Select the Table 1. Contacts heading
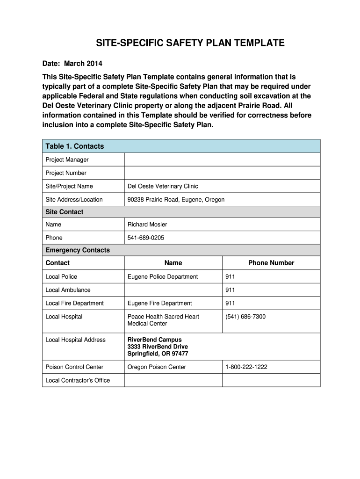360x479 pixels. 74,146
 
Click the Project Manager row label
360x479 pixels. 67,160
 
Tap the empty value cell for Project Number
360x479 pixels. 222,173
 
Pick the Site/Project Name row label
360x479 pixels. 69,186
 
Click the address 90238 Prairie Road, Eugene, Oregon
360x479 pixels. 176,200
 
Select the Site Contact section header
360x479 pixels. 64,212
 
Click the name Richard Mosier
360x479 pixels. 147,225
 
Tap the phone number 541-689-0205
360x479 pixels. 146,238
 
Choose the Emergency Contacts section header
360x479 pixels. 77,250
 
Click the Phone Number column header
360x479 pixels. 271,263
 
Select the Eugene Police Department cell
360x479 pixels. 163,276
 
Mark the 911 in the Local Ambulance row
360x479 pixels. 230,290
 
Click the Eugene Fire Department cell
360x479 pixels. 159,303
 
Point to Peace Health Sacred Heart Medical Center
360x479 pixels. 163,320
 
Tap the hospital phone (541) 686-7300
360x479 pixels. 245,317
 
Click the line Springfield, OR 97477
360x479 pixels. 158,354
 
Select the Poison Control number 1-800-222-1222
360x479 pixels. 246,367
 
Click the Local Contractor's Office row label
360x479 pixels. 77,380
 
